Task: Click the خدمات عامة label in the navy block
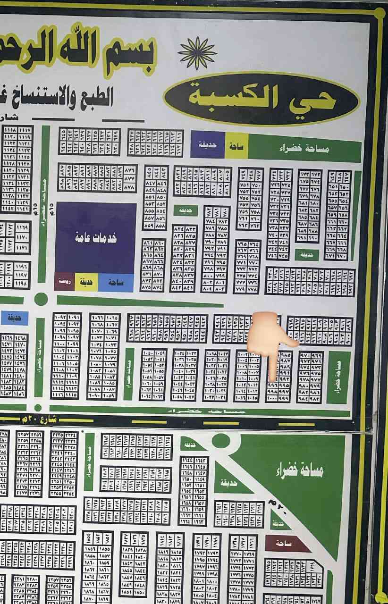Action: (95, 238)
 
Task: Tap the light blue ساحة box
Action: (116, 282)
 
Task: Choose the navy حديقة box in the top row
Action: (207, 145)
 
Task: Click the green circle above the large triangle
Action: (220, 441)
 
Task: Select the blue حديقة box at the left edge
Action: (14, 318)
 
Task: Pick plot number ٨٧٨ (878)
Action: (129, 187)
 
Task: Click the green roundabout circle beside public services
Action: (41, 299)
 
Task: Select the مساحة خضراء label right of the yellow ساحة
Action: (304, 148)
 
